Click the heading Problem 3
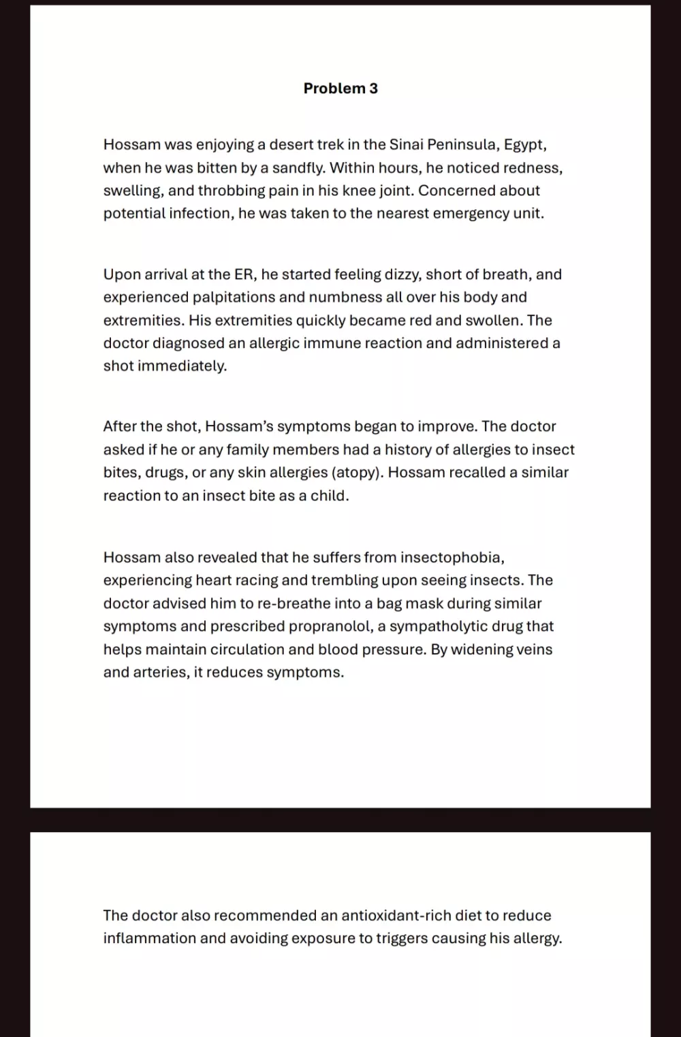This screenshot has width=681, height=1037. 340,89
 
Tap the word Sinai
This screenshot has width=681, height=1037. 406,144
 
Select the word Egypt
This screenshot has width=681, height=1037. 524,144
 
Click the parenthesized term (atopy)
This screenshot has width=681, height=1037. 356,473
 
